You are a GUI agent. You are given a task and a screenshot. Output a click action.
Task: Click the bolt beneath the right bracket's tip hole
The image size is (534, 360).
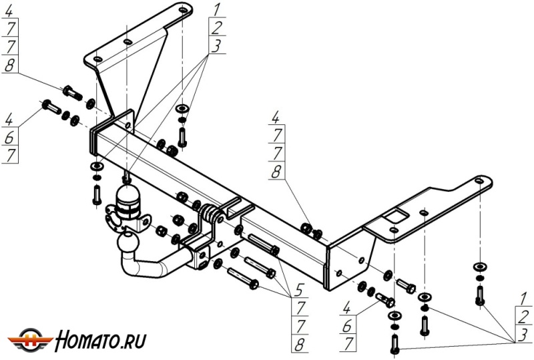click(x=479, y=295)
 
